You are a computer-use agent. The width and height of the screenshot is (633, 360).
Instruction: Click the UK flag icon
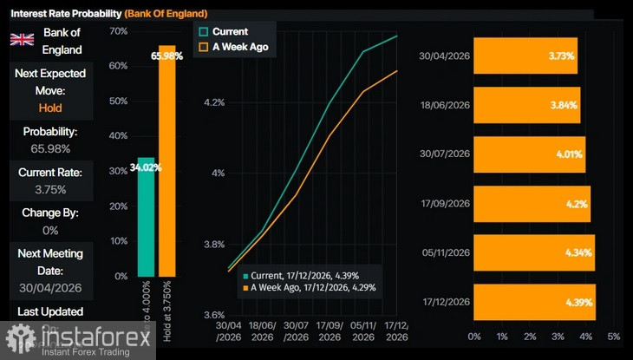pyautogui.click(x=22, y=39)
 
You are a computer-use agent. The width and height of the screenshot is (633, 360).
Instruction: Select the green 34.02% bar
pyautogui.click(x=147, y=217)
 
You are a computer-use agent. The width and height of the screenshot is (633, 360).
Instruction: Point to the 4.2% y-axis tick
pyautogui.click(x=213, y=102)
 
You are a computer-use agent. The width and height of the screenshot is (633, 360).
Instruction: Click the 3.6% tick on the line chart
pyautogui.click(x=213, y=315)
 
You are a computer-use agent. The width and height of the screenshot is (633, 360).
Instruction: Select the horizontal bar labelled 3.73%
pyautogui.click(x=525, y=56)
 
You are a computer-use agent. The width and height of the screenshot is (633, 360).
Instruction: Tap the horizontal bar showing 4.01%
pyautogui.click(x=529, y=154)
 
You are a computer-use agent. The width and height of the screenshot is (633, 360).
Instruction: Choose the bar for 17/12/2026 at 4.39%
pyautogui.click(x=534, y=302)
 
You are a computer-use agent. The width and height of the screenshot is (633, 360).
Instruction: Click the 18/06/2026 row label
pyautogui.click(x=444, y=105)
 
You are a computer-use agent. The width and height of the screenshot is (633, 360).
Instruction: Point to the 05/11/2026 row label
pyautogui.click(x=444, y=252)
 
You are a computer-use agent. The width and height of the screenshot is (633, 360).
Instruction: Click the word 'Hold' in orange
pyautogui.click(x=50, y=108)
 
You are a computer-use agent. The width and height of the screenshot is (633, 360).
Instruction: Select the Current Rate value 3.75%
pyautogui.click(x=50, y=189)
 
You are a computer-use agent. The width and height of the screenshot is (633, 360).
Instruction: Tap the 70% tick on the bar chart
pyautogui.click(x=118, y=30)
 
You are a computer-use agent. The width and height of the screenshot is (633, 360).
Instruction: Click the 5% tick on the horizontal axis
pyautogui.click(x=614, y=336)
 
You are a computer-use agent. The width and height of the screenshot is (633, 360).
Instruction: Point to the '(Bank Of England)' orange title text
pyautogui.click(x=166, y=14)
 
